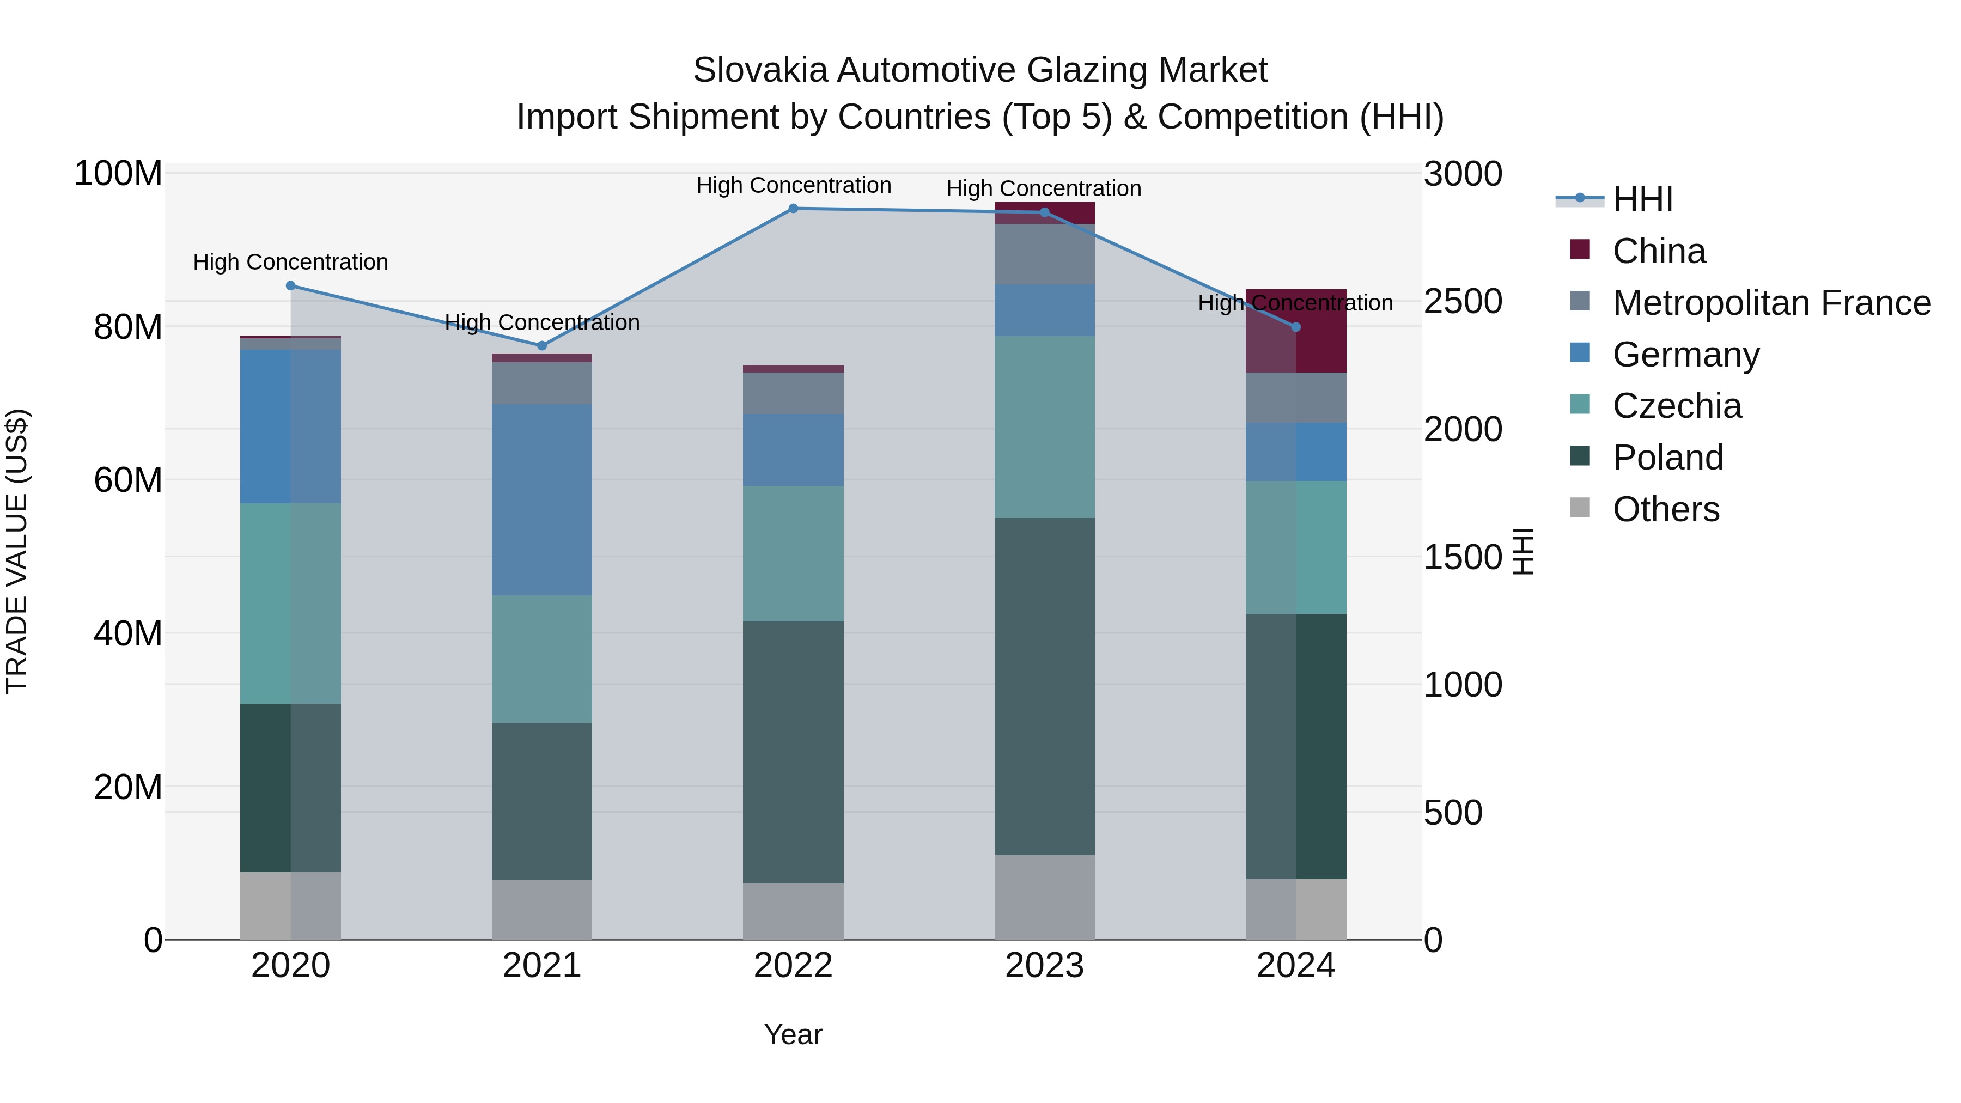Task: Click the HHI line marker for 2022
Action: point(793,209)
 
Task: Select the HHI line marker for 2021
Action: point(542,345)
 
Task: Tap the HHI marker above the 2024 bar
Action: point(1296,327)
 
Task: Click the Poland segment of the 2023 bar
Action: point(1044,686)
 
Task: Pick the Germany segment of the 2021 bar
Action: point(542,499)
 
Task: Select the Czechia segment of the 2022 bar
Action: point(793,553)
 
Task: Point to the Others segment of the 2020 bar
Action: point(290,905)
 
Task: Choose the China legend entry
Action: point(1659,251)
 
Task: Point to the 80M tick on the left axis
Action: point(128,327)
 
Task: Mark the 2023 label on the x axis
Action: point(1044,966)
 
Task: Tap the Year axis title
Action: point(793,1034)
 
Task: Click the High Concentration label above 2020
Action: point(290,263)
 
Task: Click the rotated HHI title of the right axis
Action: point(1522,551)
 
